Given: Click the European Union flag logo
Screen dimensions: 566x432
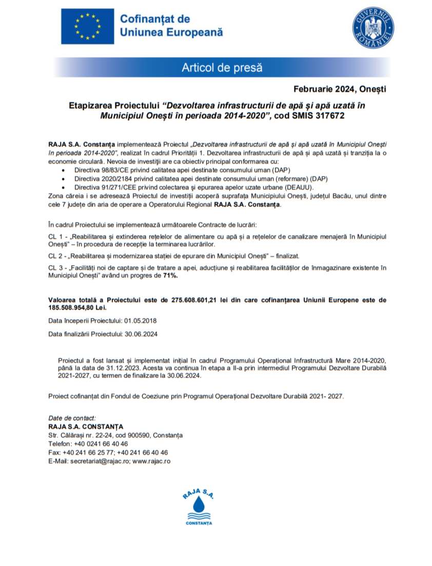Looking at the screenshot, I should click(x=87, y=26).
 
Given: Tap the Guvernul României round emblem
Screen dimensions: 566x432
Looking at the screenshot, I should click(x=372, y=28).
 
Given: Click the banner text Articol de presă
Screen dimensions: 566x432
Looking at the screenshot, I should click(x=222, y=67).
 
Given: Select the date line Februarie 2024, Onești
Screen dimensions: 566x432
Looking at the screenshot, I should click(x=340, y=89).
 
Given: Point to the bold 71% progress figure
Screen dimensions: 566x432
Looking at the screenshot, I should click(x=170, y=276).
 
